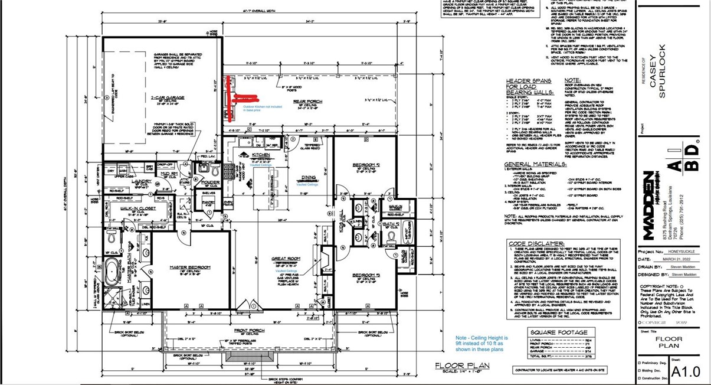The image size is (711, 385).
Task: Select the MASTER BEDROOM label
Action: coord(190,267)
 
